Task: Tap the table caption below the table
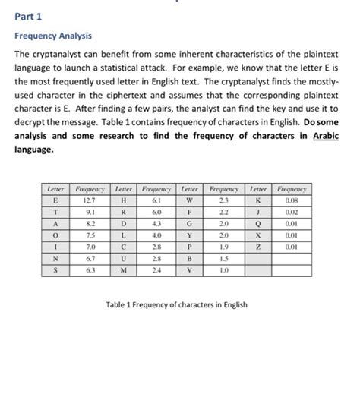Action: [x=177, y=304]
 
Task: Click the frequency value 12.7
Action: [x=90, y=200]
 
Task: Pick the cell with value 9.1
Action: [x=90, y=213]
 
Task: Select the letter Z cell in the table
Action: [x=258, y=246]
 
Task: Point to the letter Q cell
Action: [x=258, y=223]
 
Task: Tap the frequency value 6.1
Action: [x=157, y=200]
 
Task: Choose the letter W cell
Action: [x=190, y=200]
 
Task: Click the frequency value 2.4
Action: [x=157, y=270]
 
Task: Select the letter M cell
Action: [x=124, y=270]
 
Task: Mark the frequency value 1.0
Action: [x=224, y=270]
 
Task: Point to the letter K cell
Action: [x=258, y=200]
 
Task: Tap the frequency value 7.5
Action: [x=90, y=235]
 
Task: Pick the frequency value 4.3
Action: [x=157, y=223]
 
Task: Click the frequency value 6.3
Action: [x=90, y=270]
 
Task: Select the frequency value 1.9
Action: [x=224, y=246]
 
